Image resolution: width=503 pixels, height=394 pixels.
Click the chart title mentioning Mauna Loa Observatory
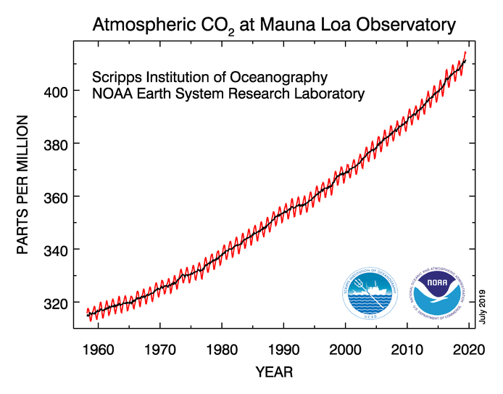point(274,25)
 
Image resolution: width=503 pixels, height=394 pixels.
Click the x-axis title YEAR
point(274,372)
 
